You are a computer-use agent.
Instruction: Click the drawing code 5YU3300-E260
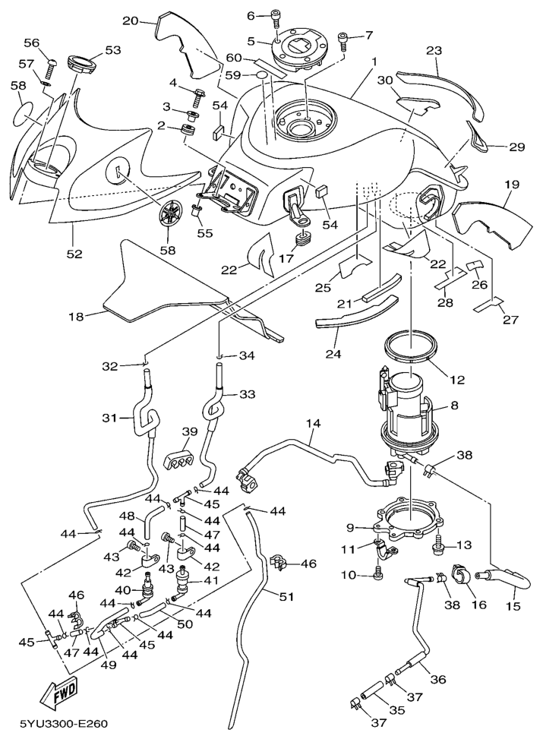coord(61,725)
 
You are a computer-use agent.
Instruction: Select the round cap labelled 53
coord(84,64)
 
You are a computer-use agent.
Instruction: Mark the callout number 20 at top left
coord(131,21)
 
